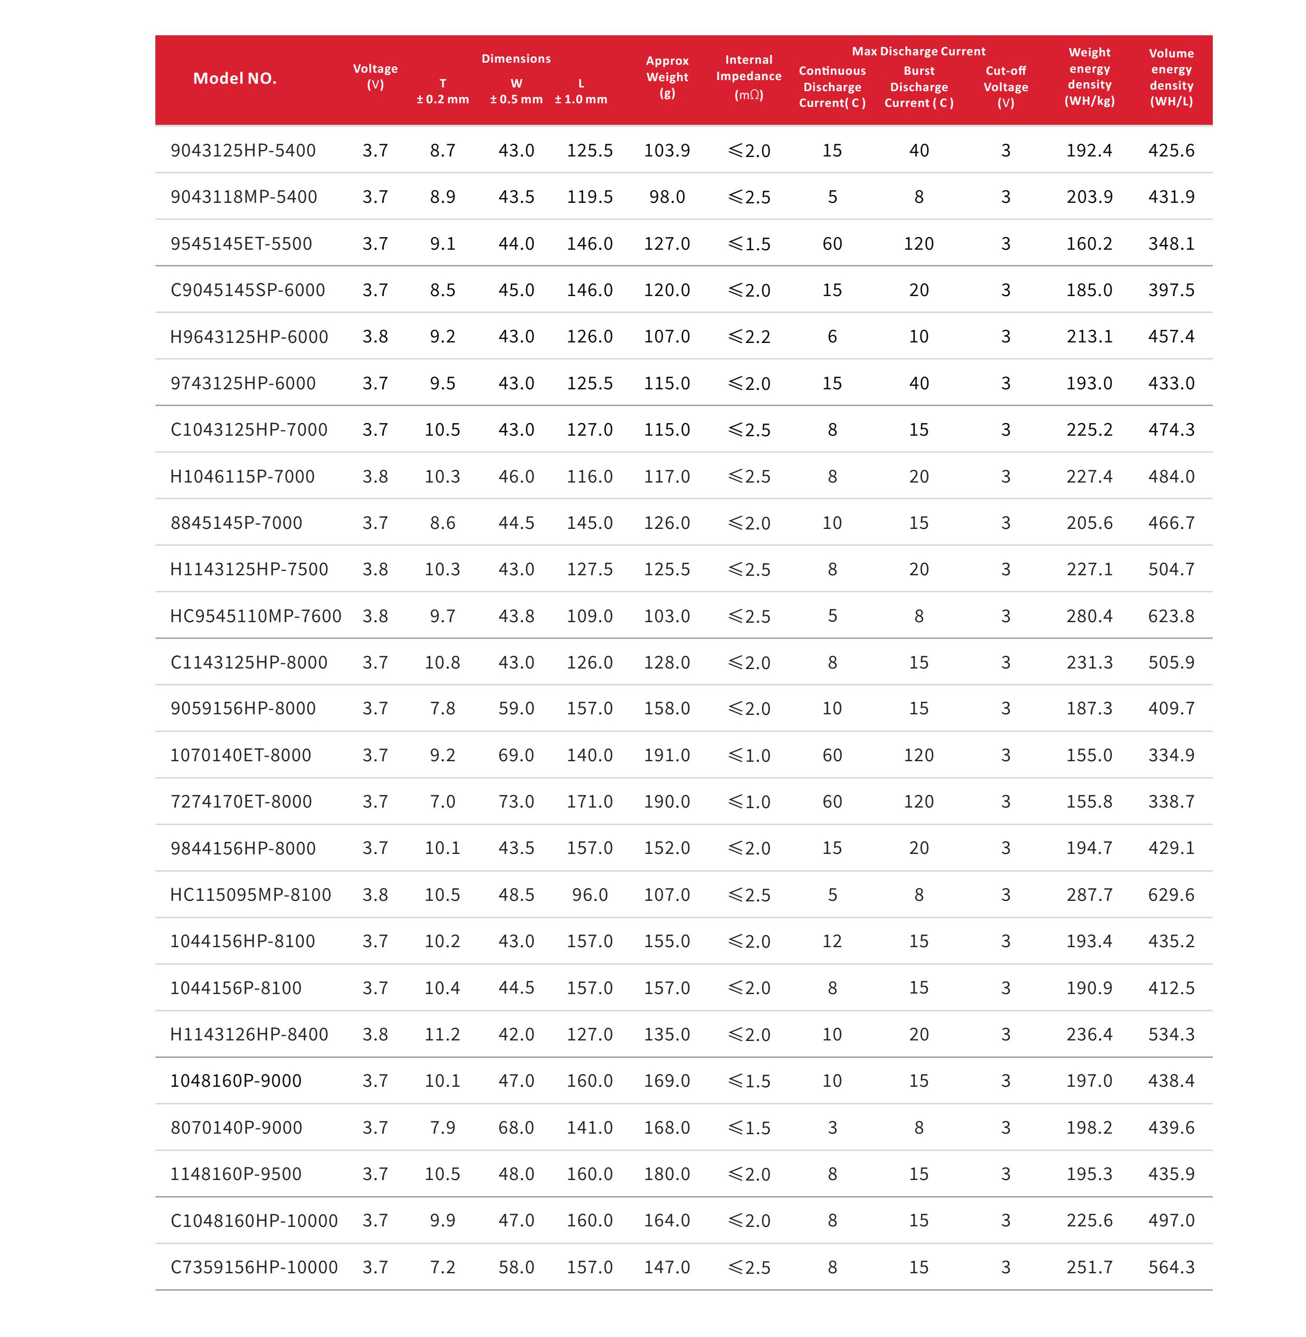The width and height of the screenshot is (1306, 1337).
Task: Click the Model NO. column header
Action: (234, 78)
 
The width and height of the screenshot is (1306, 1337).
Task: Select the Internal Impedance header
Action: (748, 77)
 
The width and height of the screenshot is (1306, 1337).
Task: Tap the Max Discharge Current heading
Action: (918, 52)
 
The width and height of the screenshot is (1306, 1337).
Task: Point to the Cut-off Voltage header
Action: (1005, 86)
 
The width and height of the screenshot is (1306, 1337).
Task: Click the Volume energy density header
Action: (1171, 77)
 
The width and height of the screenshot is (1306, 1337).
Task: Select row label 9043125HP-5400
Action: (243, 150)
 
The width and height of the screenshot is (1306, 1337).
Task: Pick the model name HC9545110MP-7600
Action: (255, 616)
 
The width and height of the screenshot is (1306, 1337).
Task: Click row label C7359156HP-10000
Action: (254, 1267)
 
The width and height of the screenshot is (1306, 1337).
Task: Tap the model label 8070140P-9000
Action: (236, 1127)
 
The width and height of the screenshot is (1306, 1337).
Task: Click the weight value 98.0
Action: (667, 197)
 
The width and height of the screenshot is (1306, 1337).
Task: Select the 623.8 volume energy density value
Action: (1171, 616)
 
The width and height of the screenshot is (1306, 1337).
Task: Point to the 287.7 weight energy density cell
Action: (1089, 894)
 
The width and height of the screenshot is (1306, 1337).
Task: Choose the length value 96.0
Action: (589, 894)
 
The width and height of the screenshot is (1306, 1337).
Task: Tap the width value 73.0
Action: (516, 801)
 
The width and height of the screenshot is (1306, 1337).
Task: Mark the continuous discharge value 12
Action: (832, 941)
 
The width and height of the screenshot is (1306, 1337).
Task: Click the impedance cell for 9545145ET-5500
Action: (749, 243)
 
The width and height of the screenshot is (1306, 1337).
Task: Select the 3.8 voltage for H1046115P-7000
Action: (375, 476)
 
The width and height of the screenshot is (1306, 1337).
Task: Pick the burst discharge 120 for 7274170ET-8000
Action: (918, 801)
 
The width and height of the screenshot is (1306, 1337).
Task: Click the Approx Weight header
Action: (667, 77)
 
